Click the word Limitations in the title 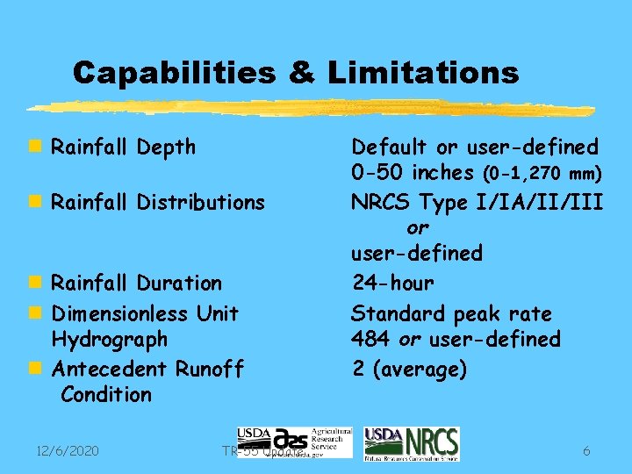[x=423, y=72]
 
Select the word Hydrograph [x=110, y=339]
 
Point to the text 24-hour [x=392, y=283]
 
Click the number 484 [x=370, y=339]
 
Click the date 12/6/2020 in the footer [x=68, y=450]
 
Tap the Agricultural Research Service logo [x=294, y=443]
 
